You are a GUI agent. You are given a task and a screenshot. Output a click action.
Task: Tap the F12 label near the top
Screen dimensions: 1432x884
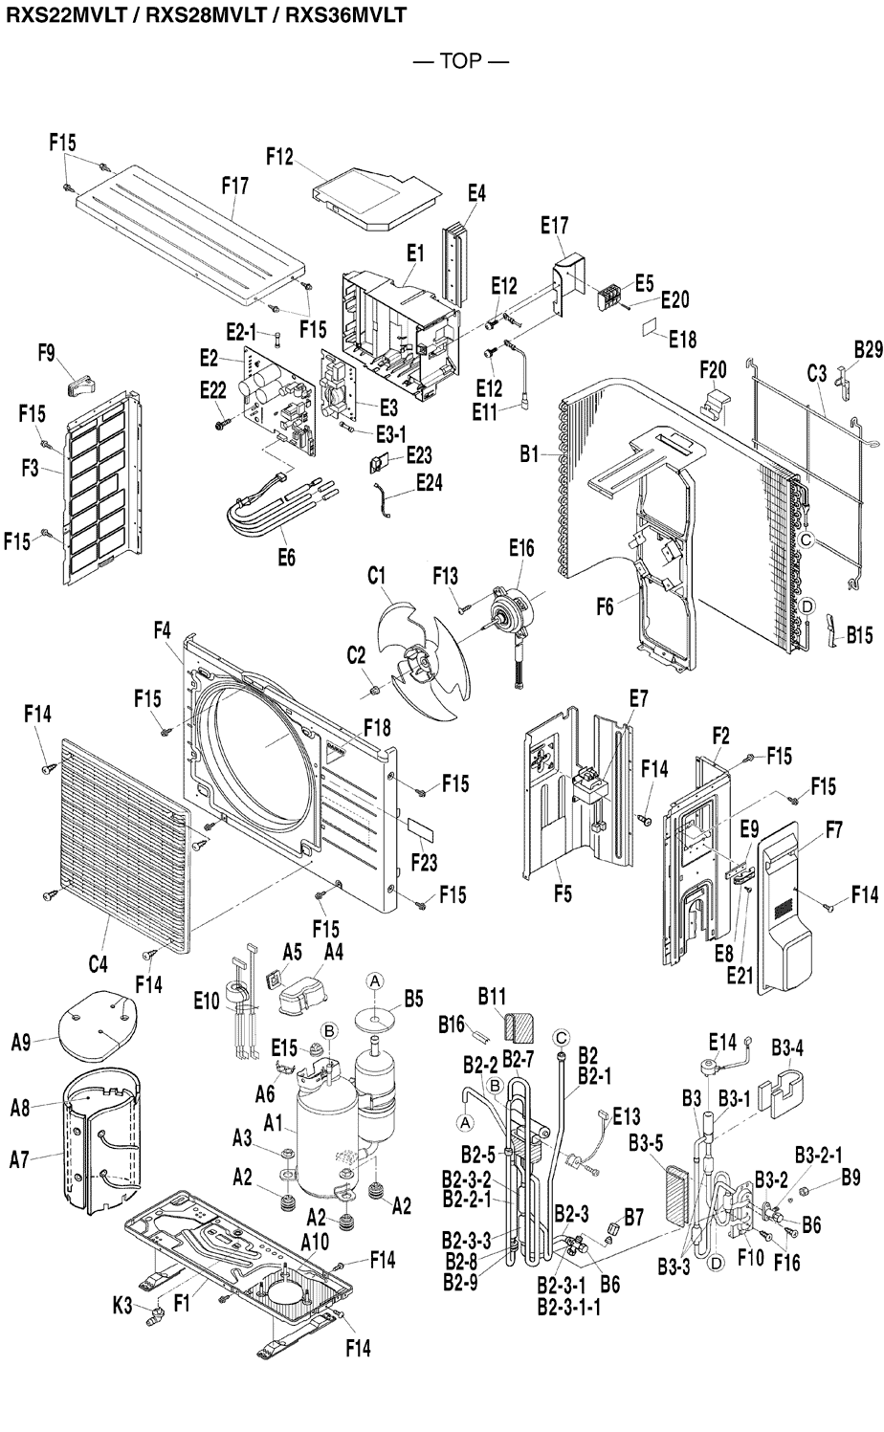coord(279,157)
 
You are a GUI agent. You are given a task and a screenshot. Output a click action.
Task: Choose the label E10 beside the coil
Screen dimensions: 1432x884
coord(206,1002)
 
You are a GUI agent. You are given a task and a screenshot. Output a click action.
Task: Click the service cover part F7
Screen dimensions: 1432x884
coord(790,909)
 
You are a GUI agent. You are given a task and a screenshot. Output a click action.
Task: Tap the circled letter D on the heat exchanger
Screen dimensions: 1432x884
coord(807,606)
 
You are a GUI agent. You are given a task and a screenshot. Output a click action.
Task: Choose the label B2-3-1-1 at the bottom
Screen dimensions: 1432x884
coord(569,1307)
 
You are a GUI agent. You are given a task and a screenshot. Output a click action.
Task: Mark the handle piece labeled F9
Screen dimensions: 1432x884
coord(80,384)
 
